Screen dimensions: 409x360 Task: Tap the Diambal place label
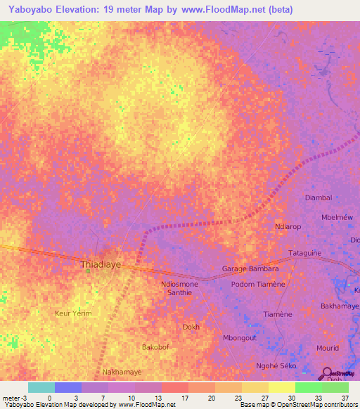point(319,197)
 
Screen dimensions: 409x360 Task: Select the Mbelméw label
point(336,217)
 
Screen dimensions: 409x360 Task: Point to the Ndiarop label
point(288,227)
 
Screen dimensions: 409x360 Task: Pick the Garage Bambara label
point(250,268)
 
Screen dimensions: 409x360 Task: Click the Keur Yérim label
point(73,313)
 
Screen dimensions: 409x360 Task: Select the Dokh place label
point(191,327)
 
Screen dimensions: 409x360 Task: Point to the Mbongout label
point(240,337)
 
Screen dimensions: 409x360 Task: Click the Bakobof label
point(156,347)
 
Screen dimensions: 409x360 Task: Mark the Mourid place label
point(328,348)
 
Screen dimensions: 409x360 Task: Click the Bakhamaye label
point(340,306)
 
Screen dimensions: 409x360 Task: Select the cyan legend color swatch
point(41,387)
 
